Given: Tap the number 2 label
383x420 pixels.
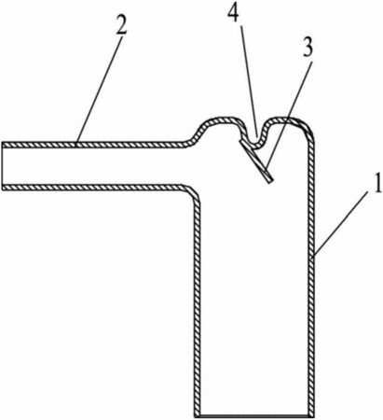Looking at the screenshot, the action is pos(121,24).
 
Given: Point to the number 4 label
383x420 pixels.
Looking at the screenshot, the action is pos(234,14).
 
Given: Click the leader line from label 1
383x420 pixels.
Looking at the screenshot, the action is pos(342,224).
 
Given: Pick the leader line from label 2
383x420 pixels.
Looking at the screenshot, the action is pos(100,90).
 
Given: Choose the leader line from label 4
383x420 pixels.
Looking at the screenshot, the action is pos(249,81).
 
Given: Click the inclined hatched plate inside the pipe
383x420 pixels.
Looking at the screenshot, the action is pos(256,161).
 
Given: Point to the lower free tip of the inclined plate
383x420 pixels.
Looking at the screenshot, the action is pos(271,181).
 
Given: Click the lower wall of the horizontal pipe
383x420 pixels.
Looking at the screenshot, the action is pos(93,187).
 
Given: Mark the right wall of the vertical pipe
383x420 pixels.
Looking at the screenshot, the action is pos(311,280).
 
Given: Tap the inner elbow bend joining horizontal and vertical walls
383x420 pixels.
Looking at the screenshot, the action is pos(194,193).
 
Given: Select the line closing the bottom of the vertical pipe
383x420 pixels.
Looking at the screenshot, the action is pos(254,415).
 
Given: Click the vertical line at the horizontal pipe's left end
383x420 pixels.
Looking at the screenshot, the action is pos(2,166).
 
